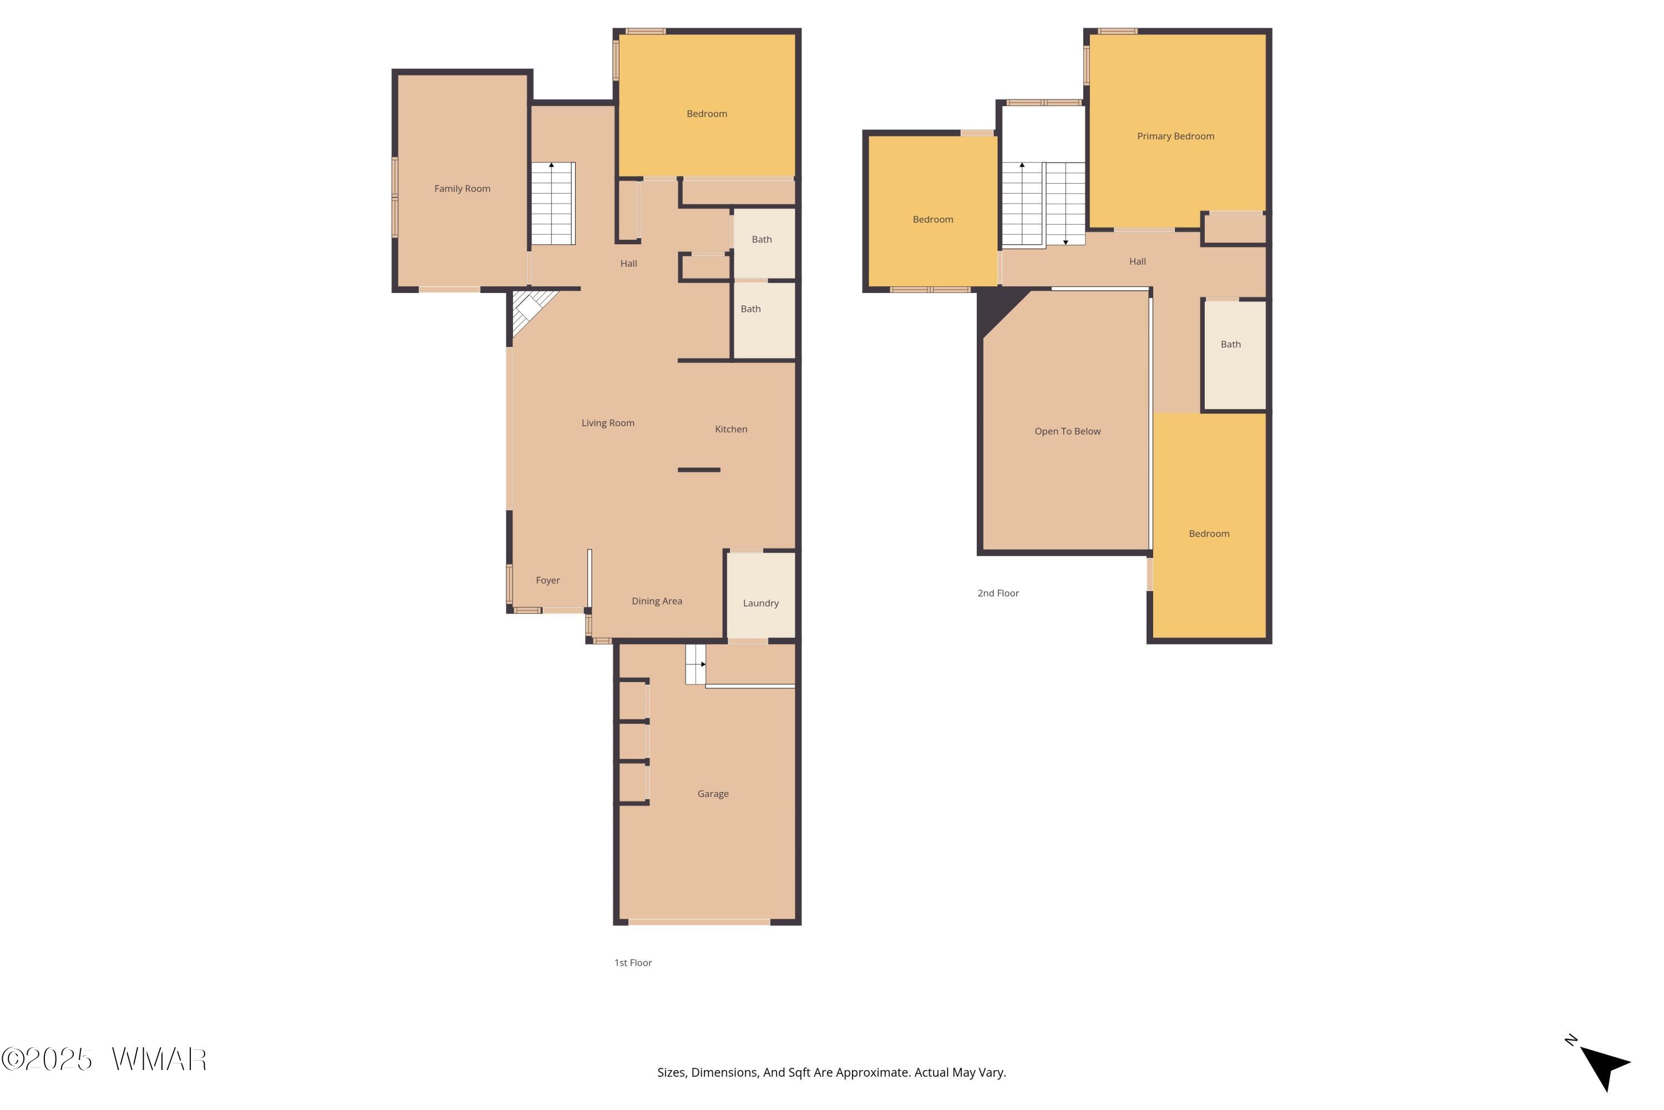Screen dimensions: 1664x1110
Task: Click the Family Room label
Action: click(462, 188)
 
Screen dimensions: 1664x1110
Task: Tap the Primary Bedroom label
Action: click(1175, 136)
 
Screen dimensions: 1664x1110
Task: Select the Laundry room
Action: click(760, 596)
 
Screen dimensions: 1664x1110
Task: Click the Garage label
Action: click(712, 794)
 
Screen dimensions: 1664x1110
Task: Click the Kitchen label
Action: click(731, 429)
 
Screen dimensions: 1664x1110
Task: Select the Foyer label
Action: click(547, 581)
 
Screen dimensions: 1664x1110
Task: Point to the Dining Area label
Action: click(657, 601)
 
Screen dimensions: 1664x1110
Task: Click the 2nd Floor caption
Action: click(997, 593)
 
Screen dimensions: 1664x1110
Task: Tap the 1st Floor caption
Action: click(632, 963)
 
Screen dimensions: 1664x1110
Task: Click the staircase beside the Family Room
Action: click(552, 203)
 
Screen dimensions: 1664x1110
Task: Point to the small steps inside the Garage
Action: click(696, 664)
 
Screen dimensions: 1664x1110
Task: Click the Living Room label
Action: click(608, 422)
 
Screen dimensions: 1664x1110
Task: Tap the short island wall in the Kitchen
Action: click(699, 470)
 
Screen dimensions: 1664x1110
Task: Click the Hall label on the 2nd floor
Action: click(1137, 261)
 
